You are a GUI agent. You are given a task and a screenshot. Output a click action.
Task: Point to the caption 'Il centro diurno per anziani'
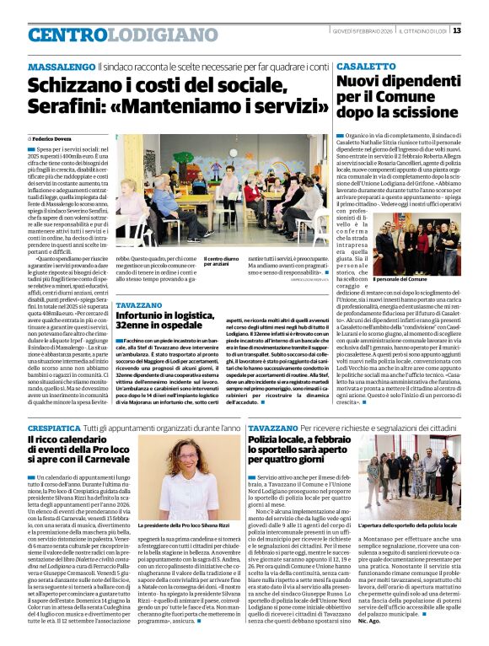point(222,262)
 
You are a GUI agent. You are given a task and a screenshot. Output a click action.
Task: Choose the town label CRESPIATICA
point(56,428)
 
